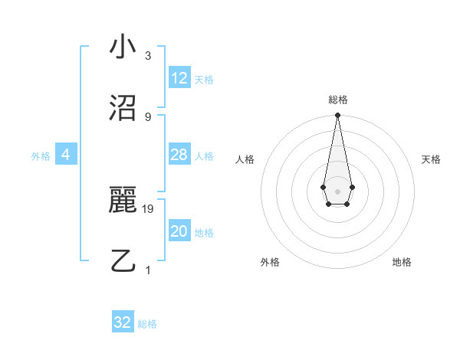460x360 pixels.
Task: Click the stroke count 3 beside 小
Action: click(148, 56)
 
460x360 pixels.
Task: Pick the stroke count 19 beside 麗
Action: click(149, 208)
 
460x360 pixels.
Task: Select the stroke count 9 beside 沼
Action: click(148, 116)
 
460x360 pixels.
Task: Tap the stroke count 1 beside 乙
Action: click(148, 270)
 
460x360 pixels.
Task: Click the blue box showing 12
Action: click(179, 78)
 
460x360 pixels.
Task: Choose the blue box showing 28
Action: click(179, 155)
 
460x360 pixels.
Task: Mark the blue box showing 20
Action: click(179, 231)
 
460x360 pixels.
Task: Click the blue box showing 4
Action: click(65, 155)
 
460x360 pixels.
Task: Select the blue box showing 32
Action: click(123, 322)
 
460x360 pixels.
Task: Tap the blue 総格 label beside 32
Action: click(147, 324)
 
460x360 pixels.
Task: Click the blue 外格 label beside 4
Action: click(41, 156)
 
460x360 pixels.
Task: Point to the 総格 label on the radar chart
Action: click(338, 100)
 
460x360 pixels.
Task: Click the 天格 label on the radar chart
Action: click(432, 159)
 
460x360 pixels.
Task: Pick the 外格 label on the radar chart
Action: click(270, 262)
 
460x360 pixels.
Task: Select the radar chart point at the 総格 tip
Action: click(337, 116)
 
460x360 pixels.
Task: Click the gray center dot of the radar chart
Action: click(337, 190)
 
